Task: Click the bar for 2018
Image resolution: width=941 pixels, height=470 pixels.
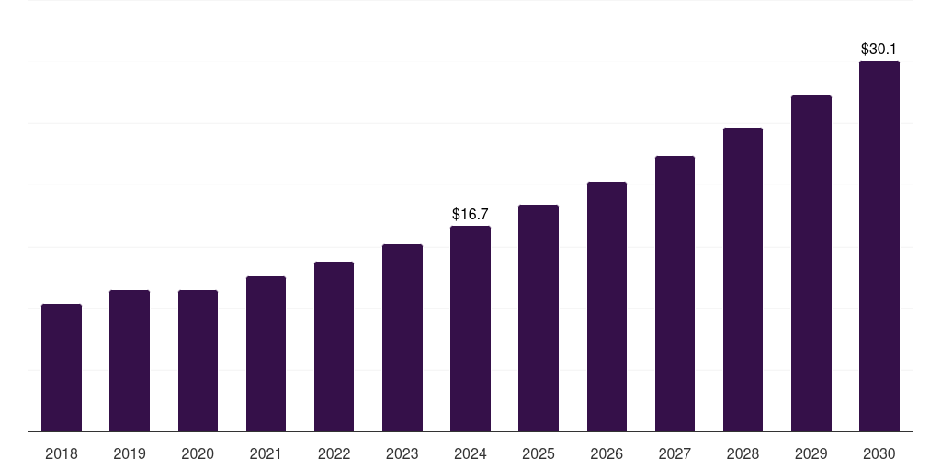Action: pyautogui.click(x=62, y=367)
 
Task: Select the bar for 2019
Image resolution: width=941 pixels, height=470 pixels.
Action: pyautogui.click(x=130, y=361)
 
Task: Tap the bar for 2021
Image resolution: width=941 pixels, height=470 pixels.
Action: pyautogui.click(x=266, y=353)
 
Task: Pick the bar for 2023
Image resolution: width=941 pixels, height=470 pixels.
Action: pyautogui.click(x=402, y=338)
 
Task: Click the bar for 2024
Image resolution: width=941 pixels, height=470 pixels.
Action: pyautogui.click(x=470, y=329)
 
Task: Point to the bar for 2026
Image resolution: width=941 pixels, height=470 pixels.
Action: pyautogui.click(x=607, y=307)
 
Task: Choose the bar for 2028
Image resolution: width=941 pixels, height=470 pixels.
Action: pyautogui.click(x=743, y=279)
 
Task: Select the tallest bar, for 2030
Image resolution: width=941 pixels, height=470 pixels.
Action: pyautogui.click(x=879, y=246)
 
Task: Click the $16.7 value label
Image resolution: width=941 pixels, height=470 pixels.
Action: pyautogui.click(x=470, y=214)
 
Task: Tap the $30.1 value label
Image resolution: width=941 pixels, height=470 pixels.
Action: pyautogui.click(x=879, y=49)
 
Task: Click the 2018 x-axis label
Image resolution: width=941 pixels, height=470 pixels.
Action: pyautogui.click(x=62, y=453)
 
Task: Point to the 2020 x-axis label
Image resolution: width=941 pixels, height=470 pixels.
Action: pyautogui.click(x=198, y=453)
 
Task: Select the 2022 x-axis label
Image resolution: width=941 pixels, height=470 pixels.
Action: pyautogui.click(x=334, y=453)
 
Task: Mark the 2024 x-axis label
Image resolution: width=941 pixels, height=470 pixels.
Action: pyautogui.click(x=470, y=453)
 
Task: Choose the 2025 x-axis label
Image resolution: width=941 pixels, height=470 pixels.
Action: pyautogui.click(x=539, y=453)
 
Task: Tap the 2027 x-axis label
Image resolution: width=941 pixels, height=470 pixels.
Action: pyautogui.click(x=675, y=453)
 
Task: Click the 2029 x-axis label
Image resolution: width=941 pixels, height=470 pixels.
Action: pyautogui.click(x=811, y=453)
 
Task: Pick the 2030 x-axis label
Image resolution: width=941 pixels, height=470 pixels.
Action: pyautogui.click(x=879, y=453)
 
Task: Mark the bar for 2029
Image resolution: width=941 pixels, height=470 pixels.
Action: pyautogui.click(x=811, y=263)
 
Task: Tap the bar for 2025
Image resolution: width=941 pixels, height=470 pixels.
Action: pyautogui.click(x=539, y=318)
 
